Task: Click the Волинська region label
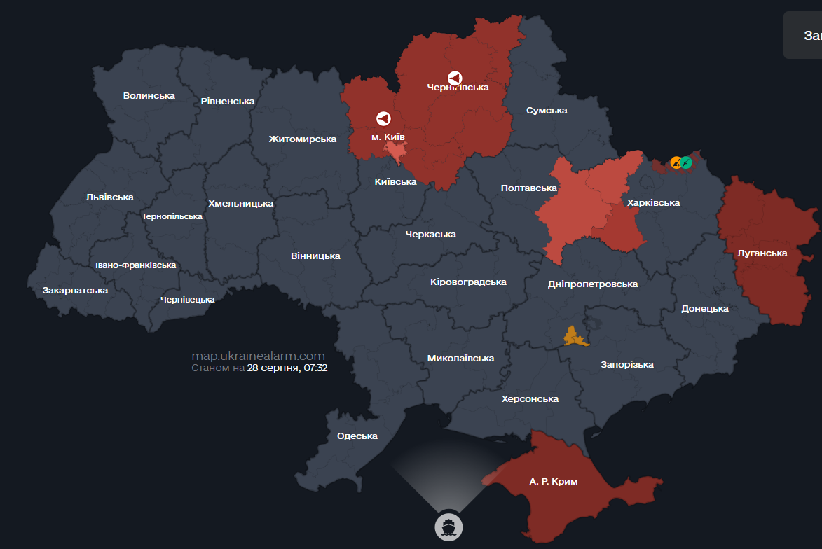click(149, 95)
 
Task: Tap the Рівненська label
click(227, 101)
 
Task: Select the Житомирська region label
click(303, 139)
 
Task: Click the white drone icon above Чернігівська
click(455, 78)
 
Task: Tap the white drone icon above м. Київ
click(383, 118)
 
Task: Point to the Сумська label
click(547, 110)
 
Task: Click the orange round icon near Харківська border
click(676, 162)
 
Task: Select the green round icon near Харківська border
click(687, 162)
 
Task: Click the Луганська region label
click(762, 253)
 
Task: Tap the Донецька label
click(705, 308)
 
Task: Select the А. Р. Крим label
click(554, 482)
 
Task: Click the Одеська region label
click(357, 436)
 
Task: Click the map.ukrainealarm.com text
click(258, 356)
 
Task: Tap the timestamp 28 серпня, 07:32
click(287, 367)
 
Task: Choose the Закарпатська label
click(75, 290)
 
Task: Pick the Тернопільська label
click(172, 216)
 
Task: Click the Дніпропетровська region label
click(592, 284)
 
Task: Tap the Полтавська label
click(529, 188)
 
